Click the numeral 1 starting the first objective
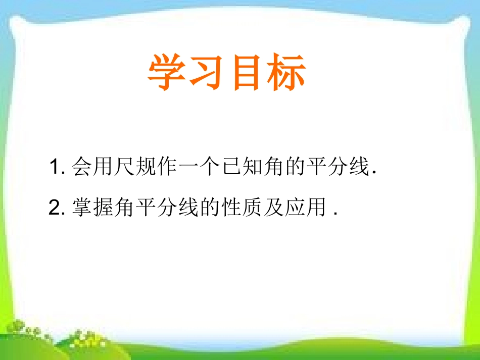(x=56, y=168)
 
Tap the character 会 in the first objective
(x=82, y=167)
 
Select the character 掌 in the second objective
(x=82, y=208)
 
